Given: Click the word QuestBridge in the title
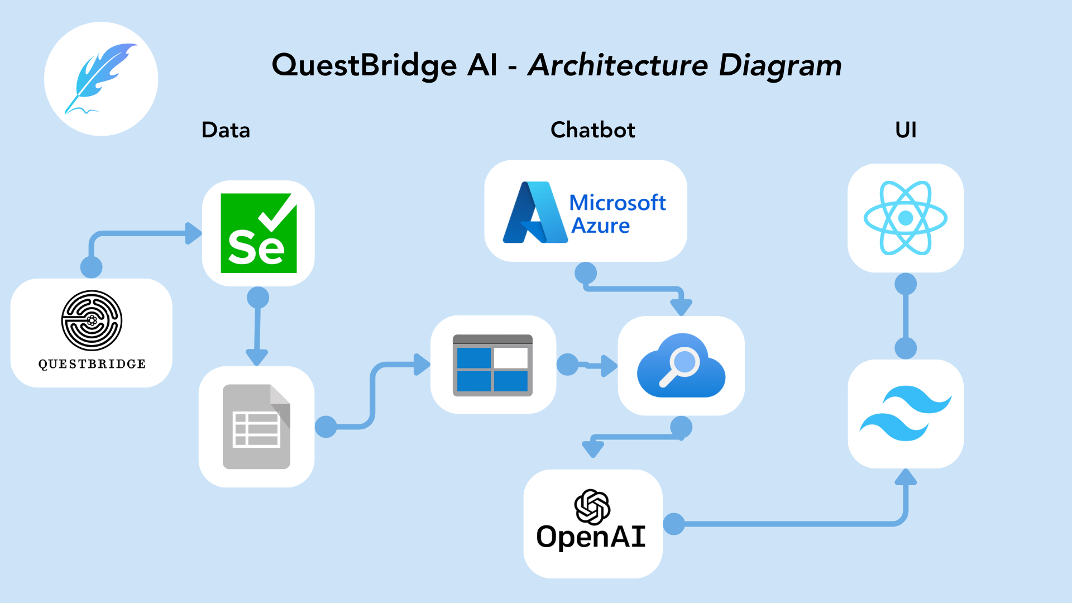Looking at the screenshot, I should (364, 65).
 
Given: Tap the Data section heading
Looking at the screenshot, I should (226, 130).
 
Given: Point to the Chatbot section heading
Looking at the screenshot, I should (592, 130).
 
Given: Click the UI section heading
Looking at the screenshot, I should (906, 130).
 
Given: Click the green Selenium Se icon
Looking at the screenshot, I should (259, 233).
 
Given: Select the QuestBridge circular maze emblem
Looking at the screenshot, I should (92, 320).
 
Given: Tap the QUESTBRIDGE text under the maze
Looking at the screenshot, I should (92, 364).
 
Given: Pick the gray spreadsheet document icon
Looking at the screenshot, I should (256, 427).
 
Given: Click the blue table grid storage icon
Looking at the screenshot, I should (492, 365).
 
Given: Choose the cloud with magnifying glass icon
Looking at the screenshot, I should (681, 366).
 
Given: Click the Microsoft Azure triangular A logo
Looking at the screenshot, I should (534, 213).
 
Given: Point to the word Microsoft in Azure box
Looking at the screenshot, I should (617, 202).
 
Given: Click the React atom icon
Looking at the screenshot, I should (905, 218).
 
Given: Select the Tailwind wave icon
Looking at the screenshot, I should (905, 413).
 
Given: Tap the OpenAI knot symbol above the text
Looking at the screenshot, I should (592, 507).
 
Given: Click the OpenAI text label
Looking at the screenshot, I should (591, 537).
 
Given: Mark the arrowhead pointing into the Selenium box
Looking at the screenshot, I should (193, 233).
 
